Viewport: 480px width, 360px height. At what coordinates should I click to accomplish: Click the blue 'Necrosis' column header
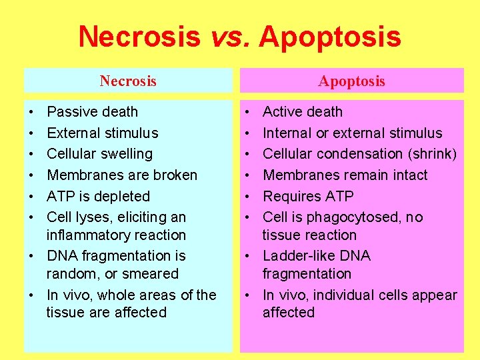(x=128, y=81)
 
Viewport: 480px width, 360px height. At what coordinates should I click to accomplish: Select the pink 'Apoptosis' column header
(x=351, y=81)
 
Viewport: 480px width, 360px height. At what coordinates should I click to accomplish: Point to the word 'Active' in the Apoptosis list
(x=284, y=112)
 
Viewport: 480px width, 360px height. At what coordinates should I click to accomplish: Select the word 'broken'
(x=175, y=175)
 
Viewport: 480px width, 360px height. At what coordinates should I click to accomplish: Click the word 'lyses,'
(x=93, y=217)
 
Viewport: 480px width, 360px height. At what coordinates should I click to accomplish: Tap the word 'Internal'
(x=289, y=133)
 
